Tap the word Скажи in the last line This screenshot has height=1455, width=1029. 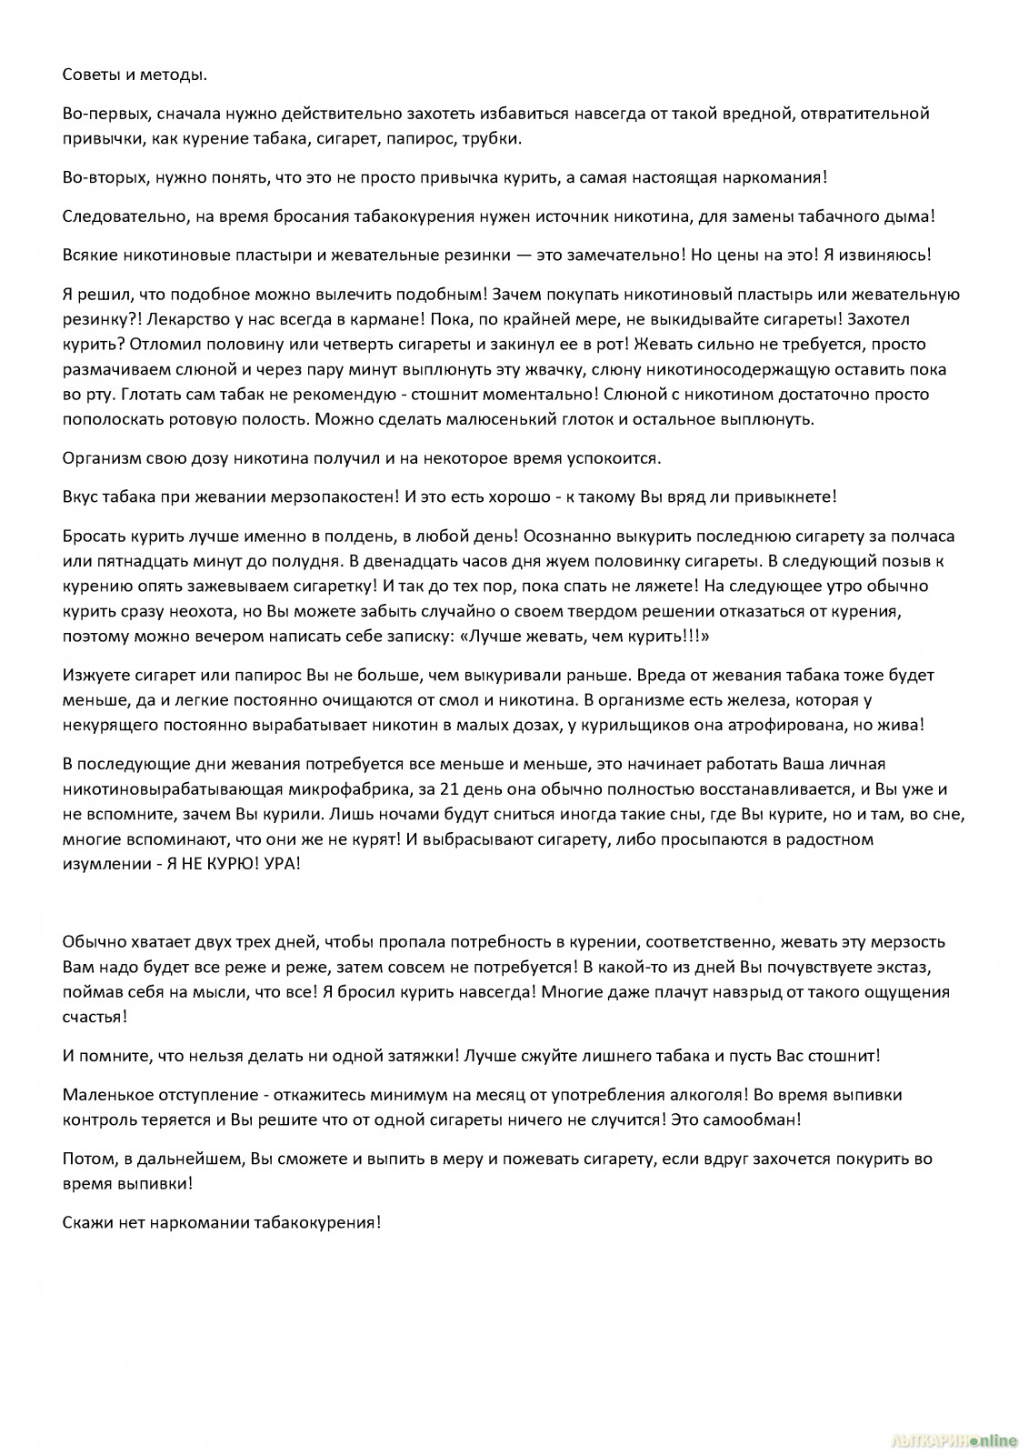click(87, 1222)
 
